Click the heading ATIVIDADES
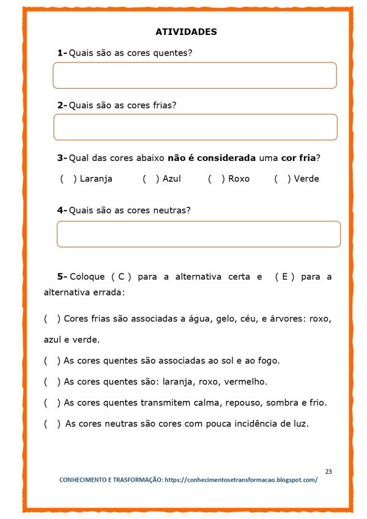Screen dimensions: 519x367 186,32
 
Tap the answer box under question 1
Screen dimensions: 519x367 195,75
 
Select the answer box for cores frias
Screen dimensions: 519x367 195,127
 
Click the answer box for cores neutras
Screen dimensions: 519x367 198,234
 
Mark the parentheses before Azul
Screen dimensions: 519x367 151,179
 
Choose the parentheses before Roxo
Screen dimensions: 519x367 217,179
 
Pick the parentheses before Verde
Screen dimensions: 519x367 283,179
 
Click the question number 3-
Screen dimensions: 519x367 62,158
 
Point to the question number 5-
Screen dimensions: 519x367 62,277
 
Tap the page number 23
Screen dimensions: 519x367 328,471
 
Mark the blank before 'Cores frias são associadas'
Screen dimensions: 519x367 52,319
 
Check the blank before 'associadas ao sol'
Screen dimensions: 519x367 52,361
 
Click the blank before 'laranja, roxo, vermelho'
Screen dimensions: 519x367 52,382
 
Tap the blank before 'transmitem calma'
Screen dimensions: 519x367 52,403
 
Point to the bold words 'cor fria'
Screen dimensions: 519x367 299,158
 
